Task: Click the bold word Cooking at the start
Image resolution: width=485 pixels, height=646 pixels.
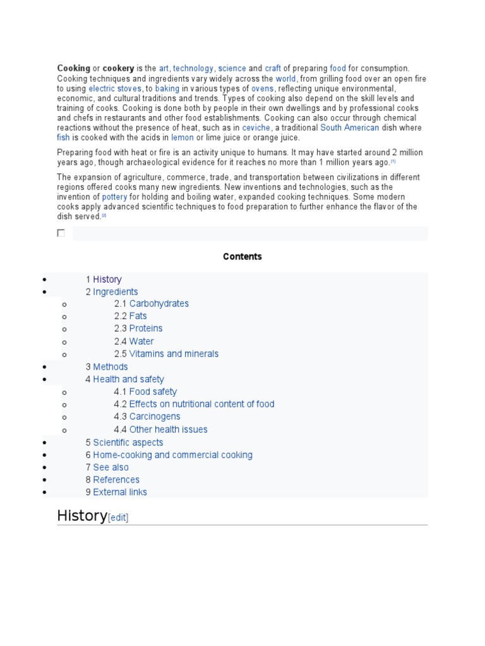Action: click(73, 68)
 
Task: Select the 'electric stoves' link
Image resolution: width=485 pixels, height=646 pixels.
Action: click(114, 89)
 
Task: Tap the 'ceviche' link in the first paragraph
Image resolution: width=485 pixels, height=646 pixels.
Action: click(256, 127)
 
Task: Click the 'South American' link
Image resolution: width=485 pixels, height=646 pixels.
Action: click(349, 127)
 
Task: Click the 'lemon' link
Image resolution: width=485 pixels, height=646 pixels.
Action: click(182, 138)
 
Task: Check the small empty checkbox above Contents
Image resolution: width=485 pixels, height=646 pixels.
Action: click(61, 233)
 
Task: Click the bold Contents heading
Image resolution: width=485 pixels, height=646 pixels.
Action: click(242, 257)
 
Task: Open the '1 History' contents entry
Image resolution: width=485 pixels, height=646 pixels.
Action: click(107, 279)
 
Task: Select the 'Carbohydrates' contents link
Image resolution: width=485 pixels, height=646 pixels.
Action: click(159, 303)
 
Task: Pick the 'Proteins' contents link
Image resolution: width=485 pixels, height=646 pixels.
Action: click(145, 329)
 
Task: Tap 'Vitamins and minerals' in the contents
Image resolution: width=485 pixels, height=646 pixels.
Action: click(174, 354)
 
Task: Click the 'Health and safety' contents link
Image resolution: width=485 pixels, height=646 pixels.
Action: click(128, 379)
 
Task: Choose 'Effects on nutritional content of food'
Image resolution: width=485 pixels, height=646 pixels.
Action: click(201, 404)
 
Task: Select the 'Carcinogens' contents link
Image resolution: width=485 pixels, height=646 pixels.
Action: click(154, 417)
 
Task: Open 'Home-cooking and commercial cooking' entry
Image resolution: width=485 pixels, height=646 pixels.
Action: click(172, 455)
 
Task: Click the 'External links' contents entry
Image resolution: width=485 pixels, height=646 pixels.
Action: click(120, 492)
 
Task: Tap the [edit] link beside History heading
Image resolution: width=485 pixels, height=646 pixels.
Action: click(118, 518)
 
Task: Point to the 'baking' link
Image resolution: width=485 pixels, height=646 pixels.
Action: click(167, 89)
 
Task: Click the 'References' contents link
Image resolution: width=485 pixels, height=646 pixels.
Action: click(116, 479)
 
